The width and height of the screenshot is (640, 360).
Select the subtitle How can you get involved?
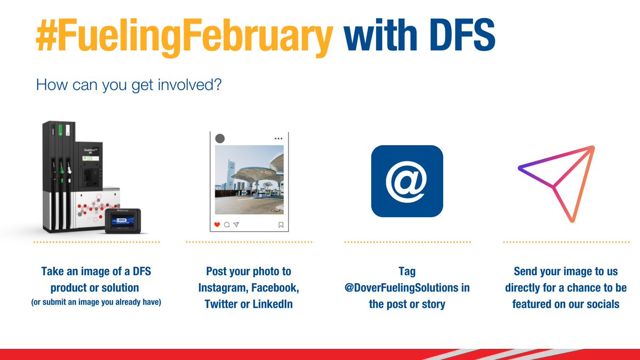click(128, 85)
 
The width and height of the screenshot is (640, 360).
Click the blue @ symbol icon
click(407, 181)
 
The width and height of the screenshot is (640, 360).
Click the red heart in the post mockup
click(217, 225)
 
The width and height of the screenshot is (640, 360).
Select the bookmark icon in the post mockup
click(281, 225)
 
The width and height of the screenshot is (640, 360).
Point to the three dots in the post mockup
click(278, 139)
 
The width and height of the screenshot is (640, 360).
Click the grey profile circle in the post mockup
click(219, 139)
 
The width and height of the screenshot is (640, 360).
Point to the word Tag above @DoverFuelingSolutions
click(407, 271)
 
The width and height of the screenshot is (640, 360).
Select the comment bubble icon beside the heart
click(227, 225)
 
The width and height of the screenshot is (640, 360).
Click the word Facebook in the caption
click(275, 288)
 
